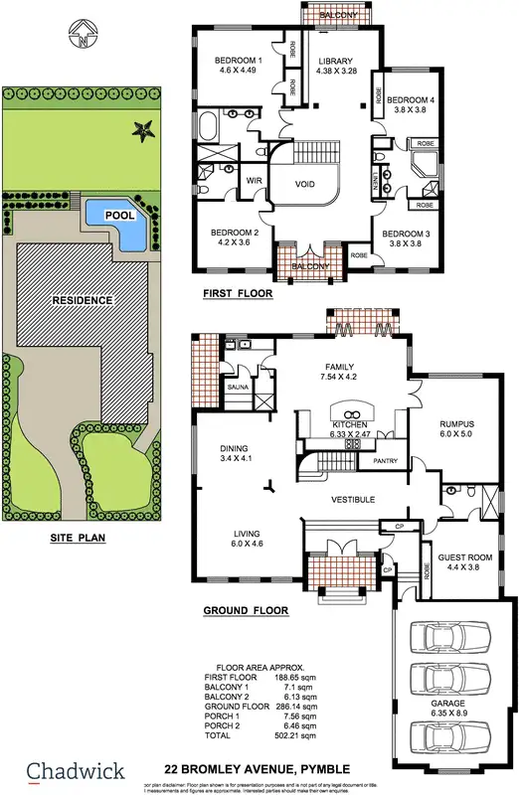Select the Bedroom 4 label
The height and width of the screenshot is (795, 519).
click(411, 100)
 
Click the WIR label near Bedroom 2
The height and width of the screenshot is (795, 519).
click(254, 181)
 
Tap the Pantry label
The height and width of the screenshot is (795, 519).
click(386, 462)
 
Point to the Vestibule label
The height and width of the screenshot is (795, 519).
click(353, 499)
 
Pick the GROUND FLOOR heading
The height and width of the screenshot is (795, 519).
click(246, 610)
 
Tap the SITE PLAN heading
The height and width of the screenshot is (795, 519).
click(77, 539)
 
